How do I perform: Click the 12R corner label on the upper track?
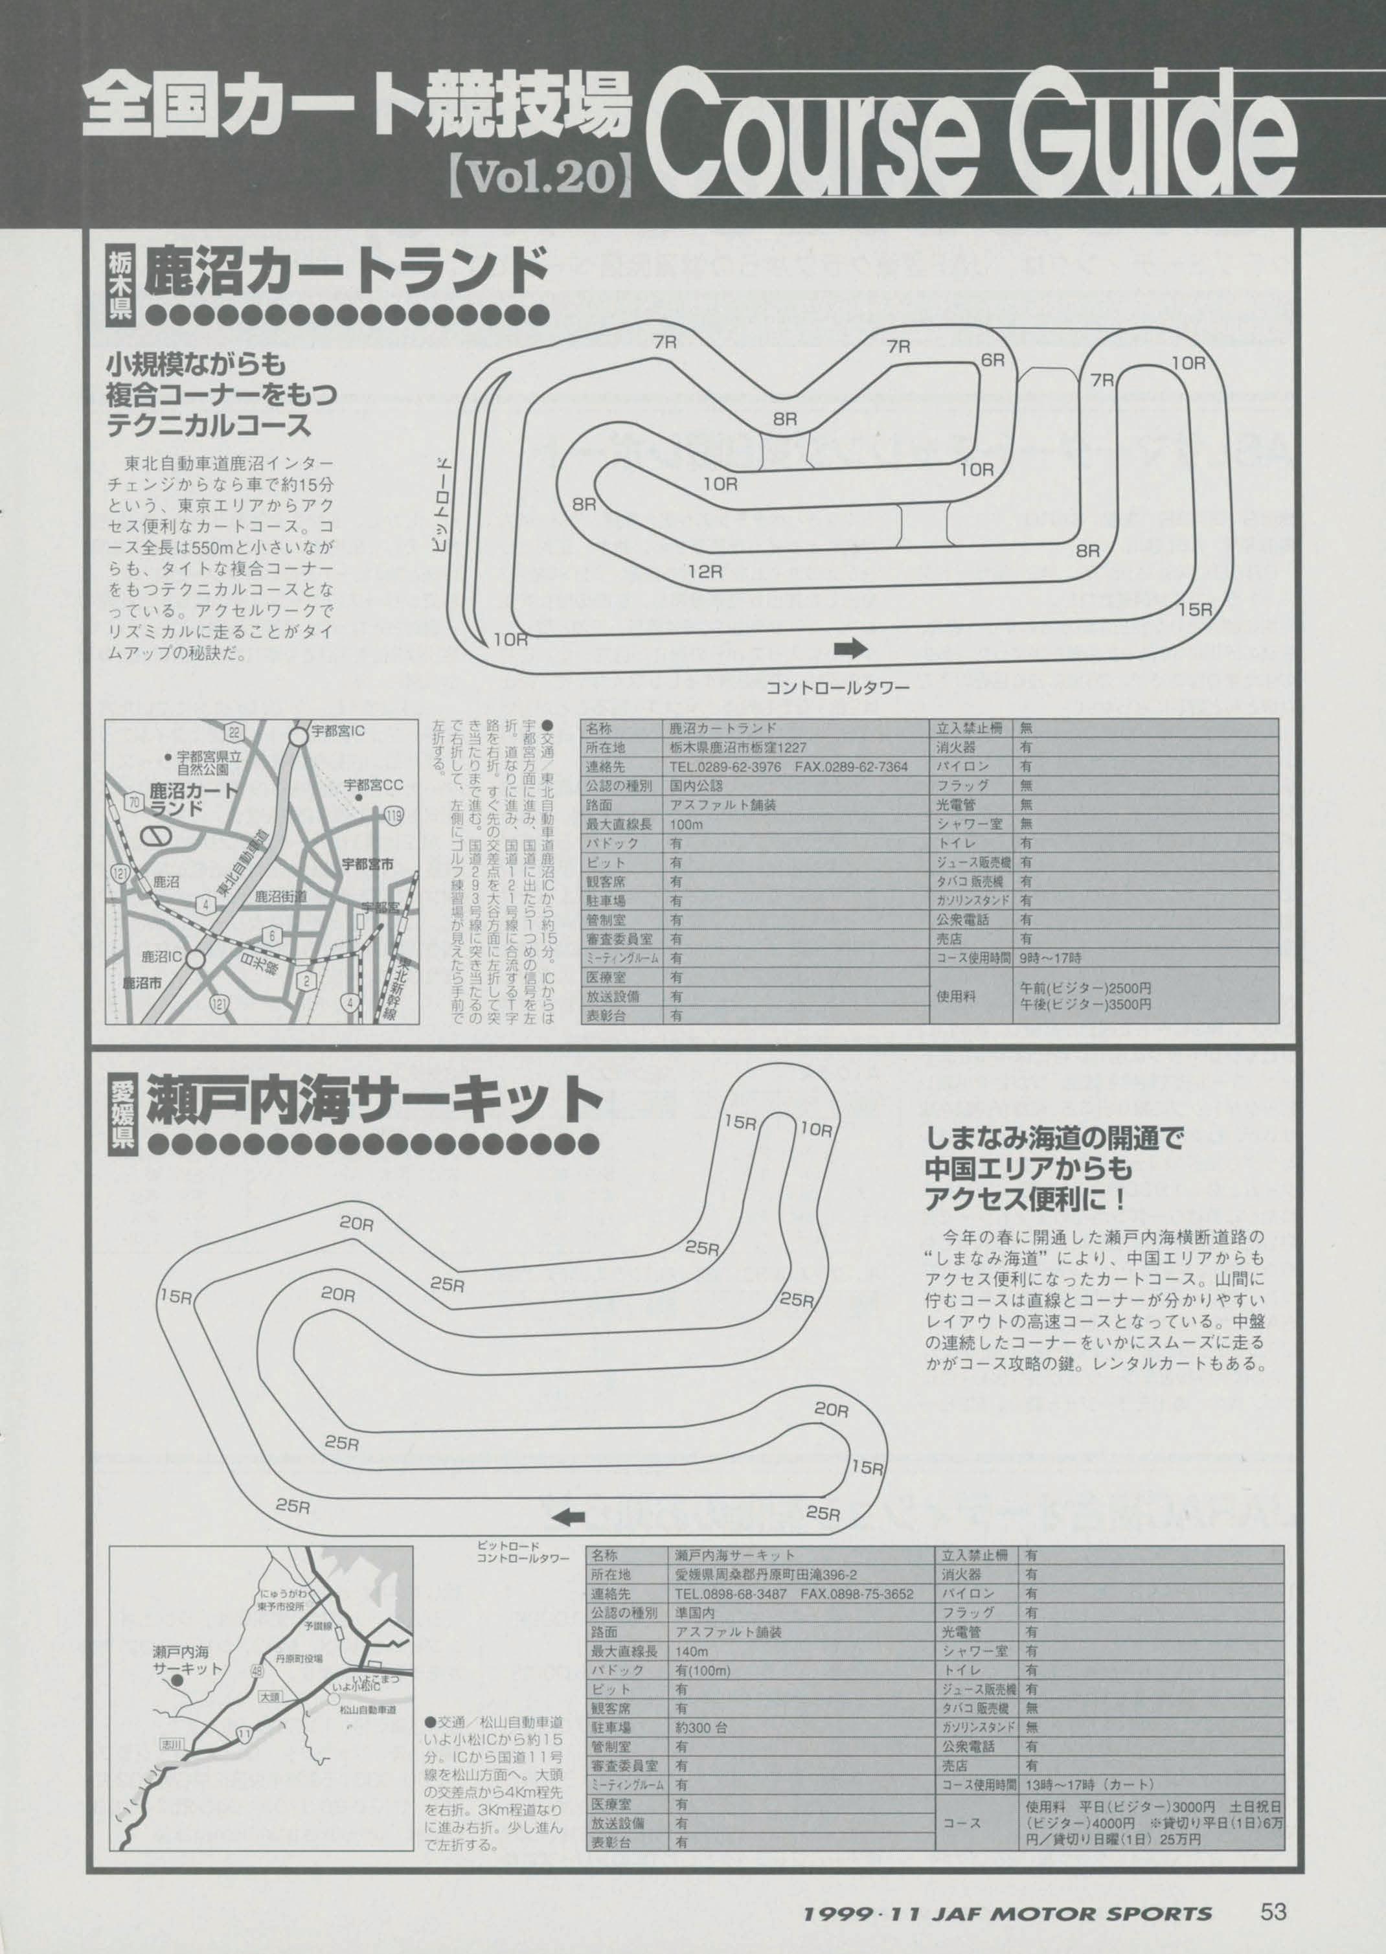[705, 571]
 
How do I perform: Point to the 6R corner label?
[994, 360]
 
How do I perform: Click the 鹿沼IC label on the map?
[161, 957]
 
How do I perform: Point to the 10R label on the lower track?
[817, 1130]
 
